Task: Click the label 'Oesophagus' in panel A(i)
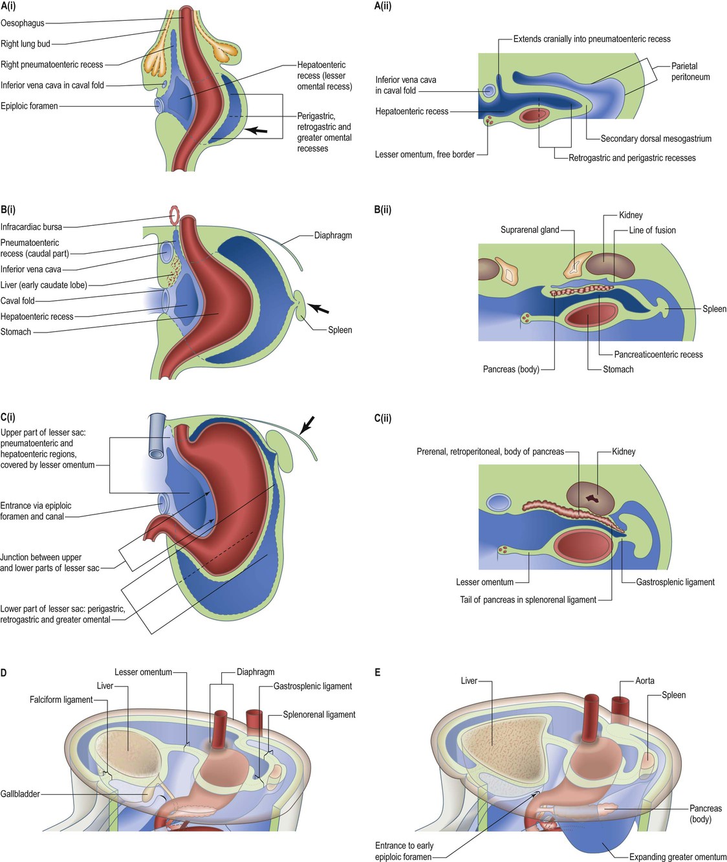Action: coord(23,23)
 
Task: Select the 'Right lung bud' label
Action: coord(25,44)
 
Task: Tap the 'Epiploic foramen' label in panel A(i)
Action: coord(29,106)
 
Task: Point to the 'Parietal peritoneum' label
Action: coord(690,71)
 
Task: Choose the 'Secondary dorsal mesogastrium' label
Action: coord(655,138)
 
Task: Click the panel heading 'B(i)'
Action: coord(8,209)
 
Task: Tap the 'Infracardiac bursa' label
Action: coord(31,227)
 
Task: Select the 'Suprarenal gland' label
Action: coord(530,230)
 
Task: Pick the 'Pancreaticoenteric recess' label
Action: coord(658,355)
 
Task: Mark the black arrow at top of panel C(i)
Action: coord(307,426)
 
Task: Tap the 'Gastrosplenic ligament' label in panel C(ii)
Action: coord(675,582)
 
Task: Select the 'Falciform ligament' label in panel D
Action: coord(61,700)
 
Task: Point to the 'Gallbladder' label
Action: coord(20,793)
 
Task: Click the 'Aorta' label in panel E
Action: coord(644,681)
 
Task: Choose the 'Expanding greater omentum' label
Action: coord(677,857)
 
